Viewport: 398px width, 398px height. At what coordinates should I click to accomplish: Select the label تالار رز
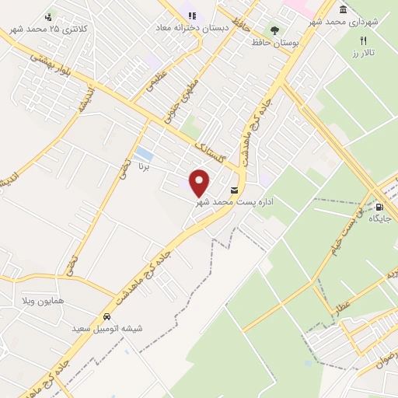click(362, 53)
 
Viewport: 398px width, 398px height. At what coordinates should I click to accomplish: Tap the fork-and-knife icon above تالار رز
click(362, 40)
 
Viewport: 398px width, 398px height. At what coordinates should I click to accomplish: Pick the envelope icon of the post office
click(234, 190)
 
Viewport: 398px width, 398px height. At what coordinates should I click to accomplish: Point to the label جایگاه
click(380, 219)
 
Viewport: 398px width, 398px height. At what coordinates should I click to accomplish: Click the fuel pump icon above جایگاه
click(380, 207)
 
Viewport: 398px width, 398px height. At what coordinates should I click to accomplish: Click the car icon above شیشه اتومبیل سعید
click(106, 318)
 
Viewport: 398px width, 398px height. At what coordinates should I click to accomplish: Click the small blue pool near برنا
click(143, 154)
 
